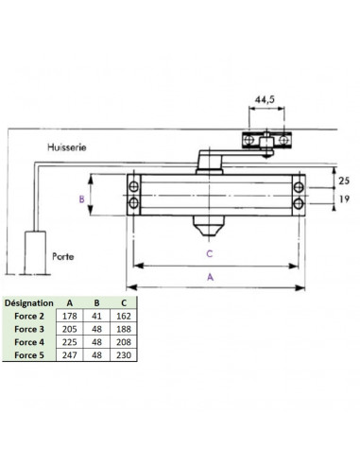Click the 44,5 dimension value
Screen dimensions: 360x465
[x=265, y=99]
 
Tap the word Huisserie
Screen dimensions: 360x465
[x=67, y=147]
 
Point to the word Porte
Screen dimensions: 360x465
[x=63, y=256]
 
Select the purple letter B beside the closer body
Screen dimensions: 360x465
[x=81, y=199]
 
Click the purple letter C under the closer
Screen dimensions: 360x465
[x=210, y=253]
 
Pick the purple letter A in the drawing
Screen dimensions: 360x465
[x=210, y=277]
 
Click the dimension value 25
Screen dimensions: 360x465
[x=344, y=181]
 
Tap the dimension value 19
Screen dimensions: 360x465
[x=344, y=199]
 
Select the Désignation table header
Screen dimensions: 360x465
[x=29, y=303]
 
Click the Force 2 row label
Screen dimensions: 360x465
[x=29, y=316]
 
